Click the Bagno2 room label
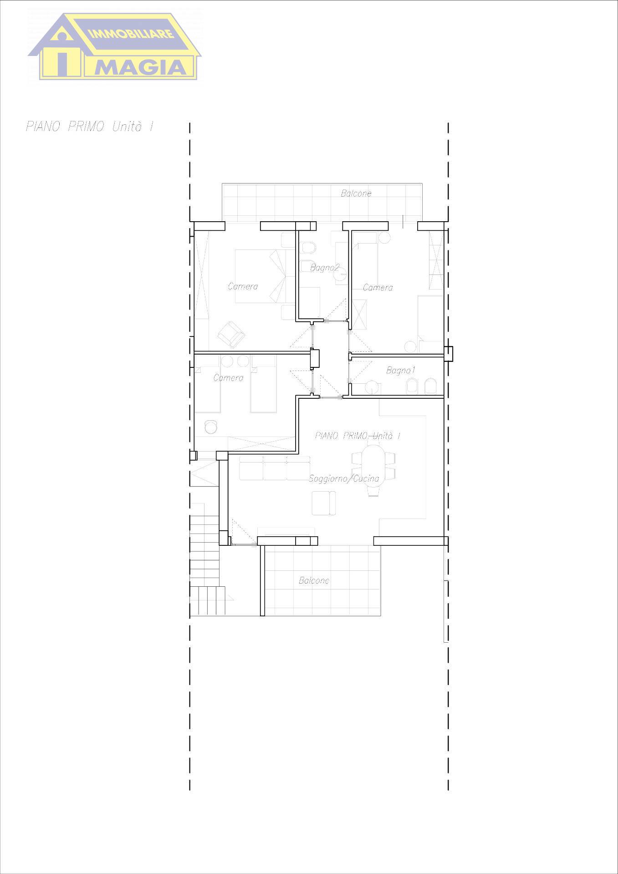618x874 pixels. (325, 267)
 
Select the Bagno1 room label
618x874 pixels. (400, 370)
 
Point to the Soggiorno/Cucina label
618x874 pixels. (344, 478)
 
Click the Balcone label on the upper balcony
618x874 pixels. (356, 193)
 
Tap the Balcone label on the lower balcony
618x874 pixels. (314, 580)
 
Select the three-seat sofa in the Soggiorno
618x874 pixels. (275, 468)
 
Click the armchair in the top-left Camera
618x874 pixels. (231, 335)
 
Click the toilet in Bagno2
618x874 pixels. (309, 247)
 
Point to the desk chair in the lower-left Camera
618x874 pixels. (210, 427)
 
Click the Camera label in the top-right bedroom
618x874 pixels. (378, 287)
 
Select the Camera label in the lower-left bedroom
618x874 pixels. (228, 378)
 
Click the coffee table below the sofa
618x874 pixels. (323, 503)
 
